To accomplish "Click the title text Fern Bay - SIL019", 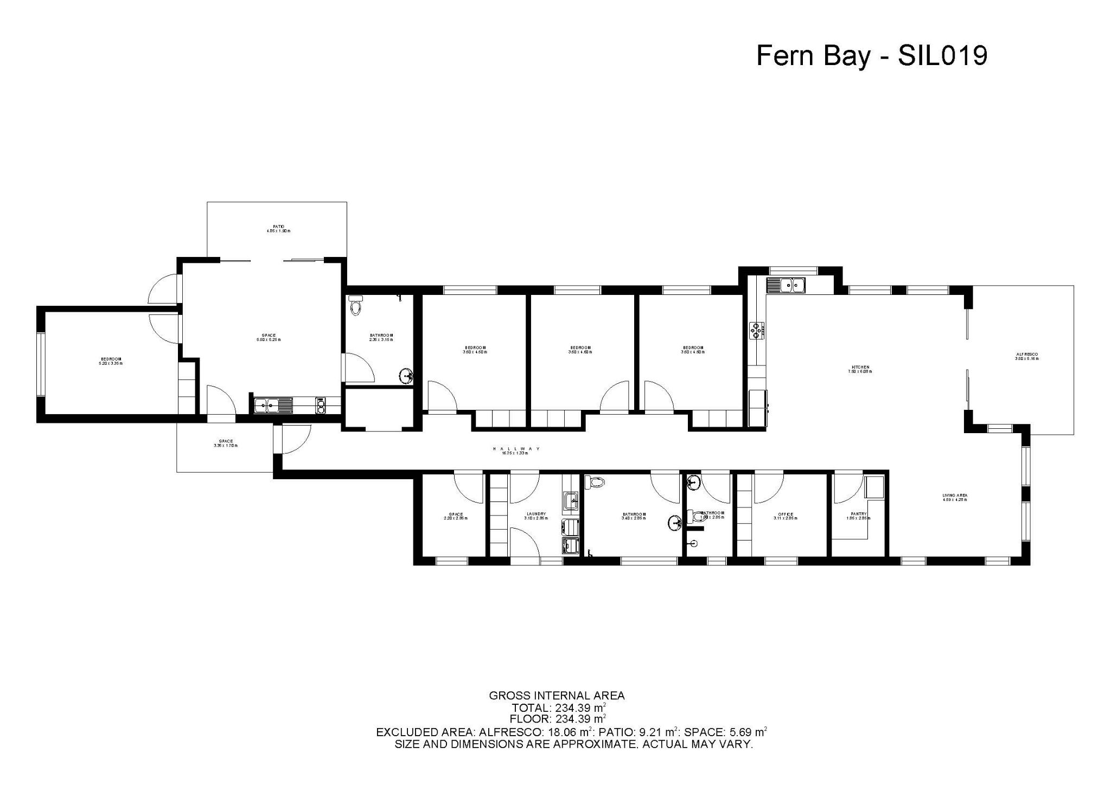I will (871, 56).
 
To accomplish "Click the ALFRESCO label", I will (1026, 356).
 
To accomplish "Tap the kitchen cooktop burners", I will (756, 330).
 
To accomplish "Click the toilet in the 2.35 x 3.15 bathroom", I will (356, 306).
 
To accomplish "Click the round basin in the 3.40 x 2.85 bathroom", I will (674, 522).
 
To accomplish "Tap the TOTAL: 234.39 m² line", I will (559, 707).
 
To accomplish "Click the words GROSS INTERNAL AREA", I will (557, 696).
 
